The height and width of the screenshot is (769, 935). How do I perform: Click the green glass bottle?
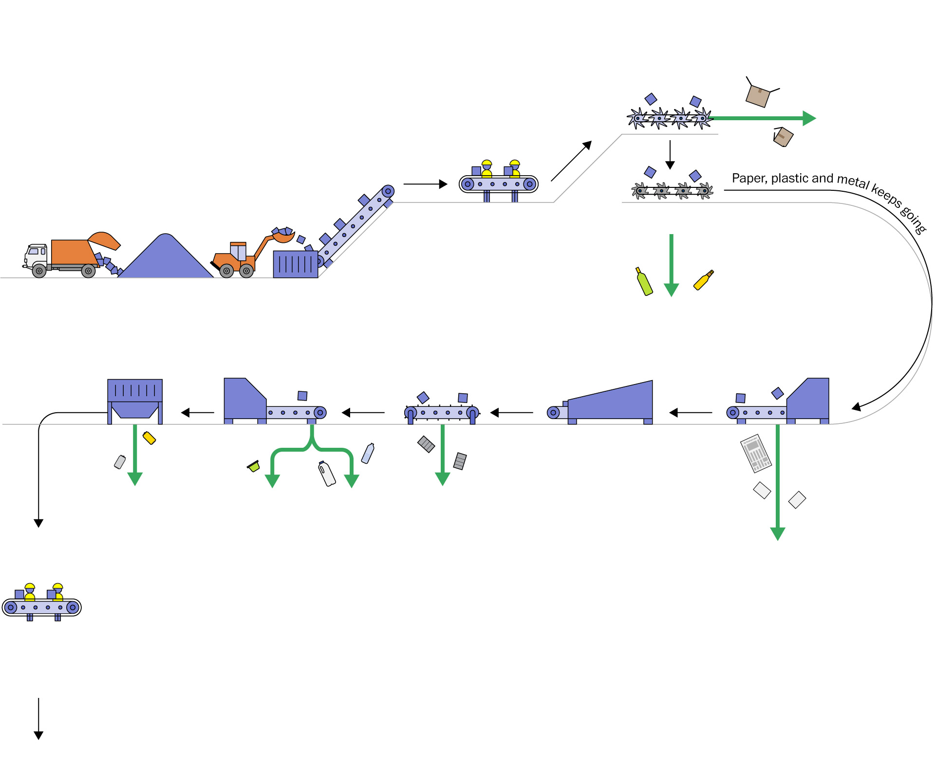pyautogui.click(x=644, y=282)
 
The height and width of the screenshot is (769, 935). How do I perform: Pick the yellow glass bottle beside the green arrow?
pyautogui.click(x=703, y=280)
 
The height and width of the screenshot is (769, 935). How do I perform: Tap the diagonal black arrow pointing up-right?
pyautogui.click(x=571, y=161)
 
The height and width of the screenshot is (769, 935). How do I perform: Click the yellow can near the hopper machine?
pyautogui.click(x=149, y=438)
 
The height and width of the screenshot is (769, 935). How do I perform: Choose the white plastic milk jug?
pyautogui.click(x=327, y=474)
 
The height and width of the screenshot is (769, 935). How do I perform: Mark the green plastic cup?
pyautogui.click(x=253, y=466)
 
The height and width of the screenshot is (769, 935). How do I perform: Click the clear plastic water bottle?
pyautogui.click(x=368, y=453)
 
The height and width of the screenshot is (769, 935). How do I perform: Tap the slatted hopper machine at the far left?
pyautogui.click(x=135, y=399)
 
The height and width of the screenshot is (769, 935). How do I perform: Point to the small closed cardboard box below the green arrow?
pyautogui.click(x=783, y=137)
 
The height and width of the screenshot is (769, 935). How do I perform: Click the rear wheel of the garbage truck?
pyautogui.click(x=88, y=271)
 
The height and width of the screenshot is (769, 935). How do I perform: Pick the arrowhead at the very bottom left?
pyautogui.click(x=38, y=735)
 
